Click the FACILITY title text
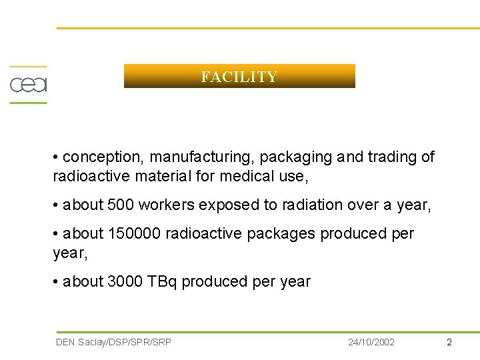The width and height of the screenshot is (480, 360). (239, 77)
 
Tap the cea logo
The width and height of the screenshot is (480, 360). (28, 85)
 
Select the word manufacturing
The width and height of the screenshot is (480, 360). (202, 157)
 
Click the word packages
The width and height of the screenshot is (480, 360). (285, 234)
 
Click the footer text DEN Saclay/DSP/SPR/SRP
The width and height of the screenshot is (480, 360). (114, 342)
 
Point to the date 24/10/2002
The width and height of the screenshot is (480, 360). (371, 342)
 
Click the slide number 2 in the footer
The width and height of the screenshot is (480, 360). (449, 342)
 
